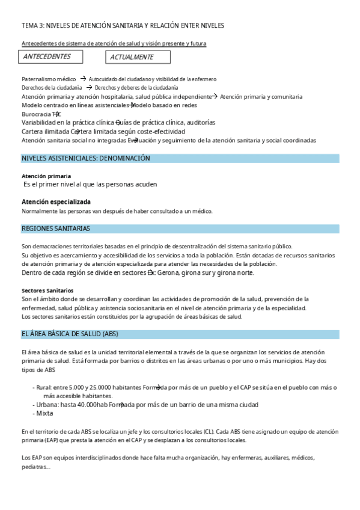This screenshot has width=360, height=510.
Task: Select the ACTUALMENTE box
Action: pos(138,57)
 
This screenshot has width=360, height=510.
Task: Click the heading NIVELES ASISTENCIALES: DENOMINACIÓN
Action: pos(86,158)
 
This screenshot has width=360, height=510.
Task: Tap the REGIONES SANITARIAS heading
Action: pos(56,229)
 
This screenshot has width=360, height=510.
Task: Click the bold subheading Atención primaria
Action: pos(42,176)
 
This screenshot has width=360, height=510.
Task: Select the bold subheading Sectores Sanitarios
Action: pos(47,290)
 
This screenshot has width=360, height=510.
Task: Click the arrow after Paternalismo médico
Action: pos(82,79)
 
